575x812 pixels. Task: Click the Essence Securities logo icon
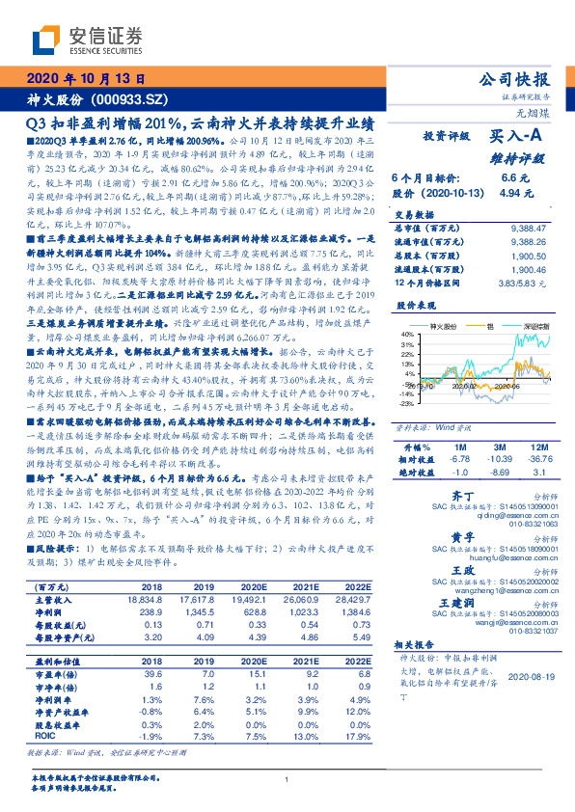46,40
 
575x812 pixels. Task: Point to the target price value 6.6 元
510,179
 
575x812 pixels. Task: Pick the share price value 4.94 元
510,194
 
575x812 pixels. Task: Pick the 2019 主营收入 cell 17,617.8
202,573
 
